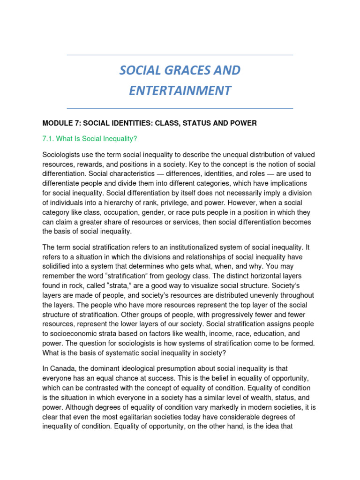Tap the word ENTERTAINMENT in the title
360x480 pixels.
180,90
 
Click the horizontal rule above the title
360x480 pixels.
180,55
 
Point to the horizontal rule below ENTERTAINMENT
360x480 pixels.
180,108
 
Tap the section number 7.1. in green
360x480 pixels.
50,139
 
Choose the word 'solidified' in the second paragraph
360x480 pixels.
58,266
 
